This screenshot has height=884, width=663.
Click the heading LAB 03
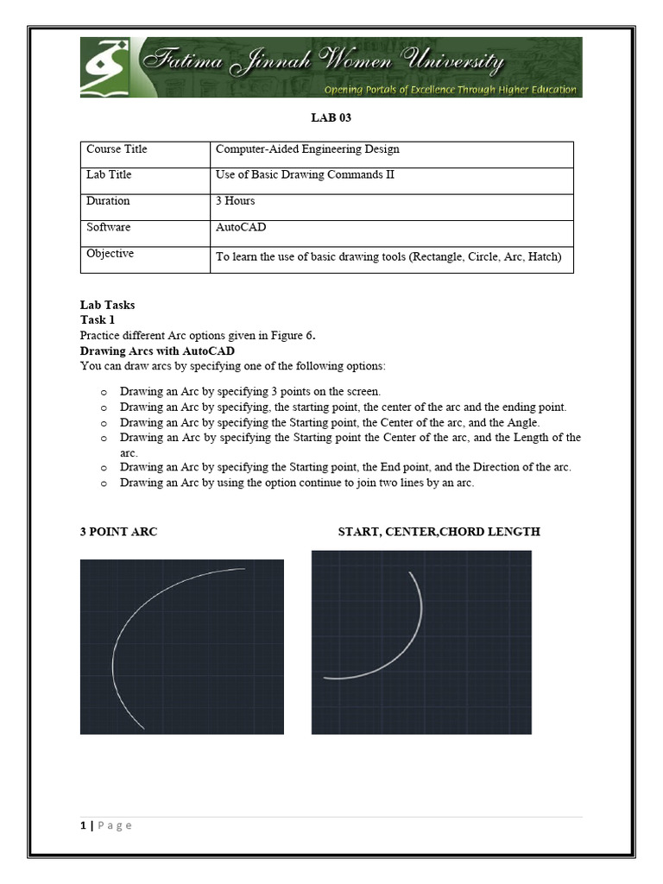(x=331, y=117)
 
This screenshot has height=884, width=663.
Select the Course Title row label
(x=117, y=149)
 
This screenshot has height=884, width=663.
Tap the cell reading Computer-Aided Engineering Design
(x=306, y=149)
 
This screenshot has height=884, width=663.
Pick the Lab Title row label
(x=109, y=175)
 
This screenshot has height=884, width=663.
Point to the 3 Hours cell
(x=235, y=201)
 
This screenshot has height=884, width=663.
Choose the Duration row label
(x=108, y=201)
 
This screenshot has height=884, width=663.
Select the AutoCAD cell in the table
(x=241, y=227)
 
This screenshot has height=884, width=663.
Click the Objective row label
(x=110, y=254)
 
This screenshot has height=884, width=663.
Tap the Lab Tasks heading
(x=107, y=305)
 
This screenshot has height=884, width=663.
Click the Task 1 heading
(x=98, y=319)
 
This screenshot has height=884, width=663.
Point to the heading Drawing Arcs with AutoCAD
(x=157, y=351)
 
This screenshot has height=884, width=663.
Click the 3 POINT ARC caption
(x=118, y=532)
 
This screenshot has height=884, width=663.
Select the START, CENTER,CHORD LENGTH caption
(x=439, y=532)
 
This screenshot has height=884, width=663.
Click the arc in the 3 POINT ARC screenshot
(x=119, y=639)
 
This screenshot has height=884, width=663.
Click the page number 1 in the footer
(x=84, y=825)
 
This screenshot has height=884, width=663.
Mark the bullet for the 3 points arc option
(x=103, y=392)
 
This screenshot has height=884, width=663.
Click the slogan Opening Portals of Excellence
(x=450, y=89)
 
